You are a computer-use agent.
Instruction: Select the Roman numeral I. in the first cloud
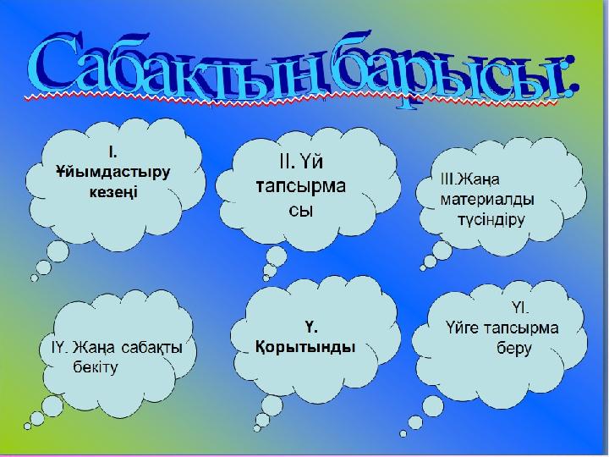point(111,152)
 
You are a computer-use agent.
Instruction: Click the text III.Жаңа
point(470,180)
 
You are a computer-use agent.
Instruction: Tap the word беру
point(513,348)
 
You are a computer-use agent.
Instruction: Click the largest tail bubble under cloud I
point(58,251)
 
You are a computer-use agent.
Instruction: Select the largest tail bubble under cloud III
point(441,251)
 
